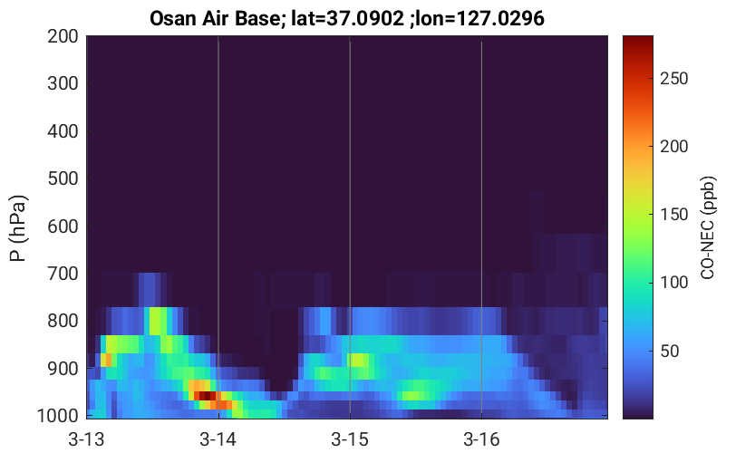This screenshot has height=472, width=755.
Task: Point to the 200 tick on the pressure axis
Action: point(63,36)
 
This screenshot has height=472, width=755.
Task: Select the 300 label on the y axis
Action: point(63,83)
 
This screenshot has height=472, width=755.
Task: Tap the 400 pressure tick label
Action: point(63,130)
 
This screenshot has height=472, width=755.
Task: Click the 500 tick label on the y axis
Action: point(63,178)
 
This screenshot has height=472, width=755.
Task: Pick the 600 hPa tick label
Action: point(63,226)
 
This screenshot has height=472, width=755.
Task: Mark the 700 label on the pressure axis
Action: point(63,274)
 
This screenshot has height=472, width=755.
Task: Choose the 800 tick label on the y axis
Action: point(63,321)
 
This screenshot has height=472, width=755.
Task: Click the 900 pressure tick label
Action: point(63,369)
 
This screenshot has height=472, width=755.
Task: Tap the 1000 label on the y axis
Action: point(58,416)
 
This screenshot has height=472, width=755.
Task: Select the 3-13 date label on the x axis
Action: point(87,439)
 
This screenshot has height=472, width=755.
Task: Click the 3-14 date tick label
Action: point(218,439)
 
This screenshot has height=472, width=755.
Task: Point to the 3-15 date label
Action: point(350,439)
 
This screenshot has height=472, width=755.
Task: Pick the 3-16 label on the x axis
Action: point(481,439)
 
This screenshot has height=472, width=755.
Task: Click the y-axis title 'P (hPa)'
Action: point(18,227)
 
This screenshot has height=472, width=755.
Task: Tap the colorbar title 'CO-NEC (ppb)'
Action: point(707,227)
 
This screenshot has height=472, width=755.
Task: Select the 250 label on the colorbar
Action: point(673,79)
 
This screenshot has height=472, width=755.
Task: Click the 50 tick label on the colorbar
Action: point(669,351)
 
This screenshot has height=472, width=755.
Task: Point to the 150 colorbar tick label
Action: point(673,215)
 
